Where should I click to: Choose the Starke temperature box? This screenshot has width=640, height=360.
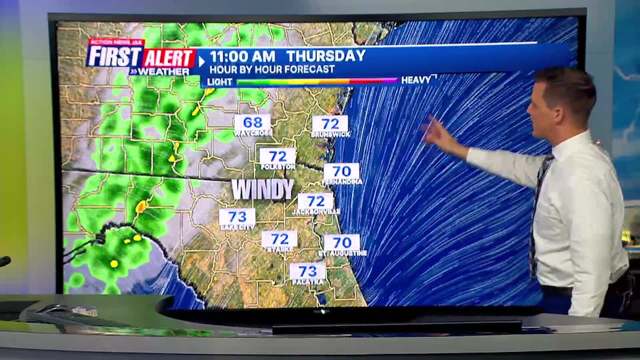point(279,239)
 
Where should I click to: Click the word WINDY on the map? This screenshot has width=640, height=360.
point(262,189)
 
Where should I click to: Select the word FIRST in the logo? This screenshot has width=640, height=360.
point(113,58)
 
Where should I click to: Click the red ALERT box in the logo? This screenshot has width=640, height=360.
point(169,59)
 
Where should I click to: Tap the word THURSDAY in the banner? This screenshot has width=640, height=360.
point(326,56)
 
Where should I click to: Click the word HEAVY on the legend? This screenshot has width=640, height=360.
point(416,80)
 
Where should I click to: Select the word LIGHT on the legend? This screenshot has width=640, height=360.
point(221,81)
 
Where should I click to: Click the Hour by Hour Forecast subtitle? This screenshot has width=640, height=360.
point(272,69)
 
